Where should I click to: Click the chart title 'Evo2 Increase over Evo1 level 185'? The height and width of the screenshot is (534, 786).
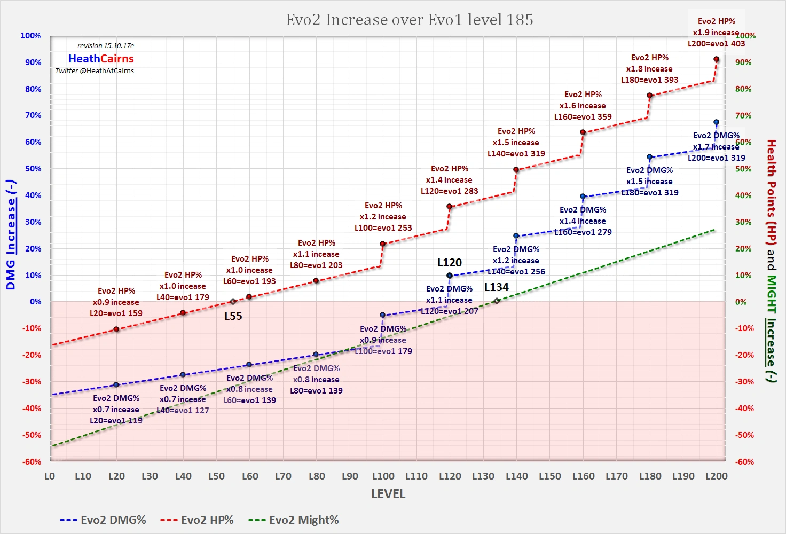point(410,20)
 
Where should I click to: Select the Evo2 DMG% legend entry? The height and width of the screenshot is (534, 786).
point(103,520)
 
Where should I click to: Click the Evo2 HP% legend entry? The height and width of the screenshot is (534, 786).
point(197,520)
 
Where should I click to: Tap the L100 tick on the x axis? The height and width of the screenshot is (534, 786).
point(383,476)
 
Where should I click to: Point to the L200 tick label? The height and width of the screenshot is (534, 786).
point(716,476)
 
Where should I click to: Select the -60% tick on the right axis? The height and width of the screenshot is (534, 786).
point(744,462)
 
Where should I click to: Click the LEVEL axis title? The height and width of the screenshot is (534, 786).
point(388,494)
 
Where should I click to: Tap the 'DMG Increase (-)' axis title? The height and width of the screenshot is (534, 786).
point(11,235)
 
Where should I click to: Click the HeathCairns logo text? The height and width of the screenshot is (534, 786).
point(101,59)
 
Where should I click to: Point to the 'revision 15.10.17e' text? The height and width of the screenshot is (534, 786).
point(106,46)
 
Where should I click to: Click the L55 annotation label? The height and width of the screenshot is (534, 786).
point(233,316)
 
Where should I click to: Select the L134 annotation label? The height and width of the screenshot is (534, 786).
point(497,287)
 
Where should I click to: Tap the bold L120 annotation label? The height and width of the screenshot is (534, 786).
point(450,263)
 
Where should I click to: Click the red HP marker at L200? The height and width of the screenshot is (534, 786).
point(716,59)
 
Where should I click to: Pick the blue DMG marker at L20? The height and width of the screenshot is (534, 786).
point(116,385)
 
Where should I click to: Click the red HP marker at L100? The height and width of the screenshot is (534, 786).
point(382,244)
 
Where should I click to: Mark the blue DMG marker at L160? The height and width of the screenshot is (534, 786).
point(583,197)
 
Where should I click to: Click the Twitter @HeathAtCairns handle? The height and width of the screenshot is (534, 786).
point(95,71)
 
